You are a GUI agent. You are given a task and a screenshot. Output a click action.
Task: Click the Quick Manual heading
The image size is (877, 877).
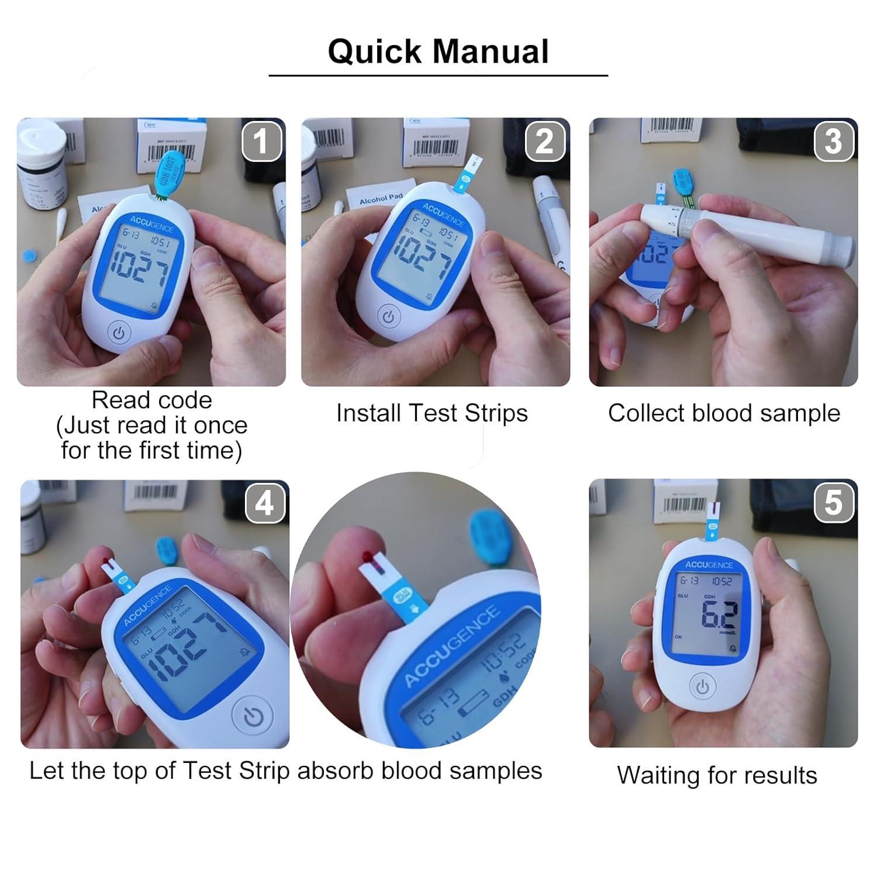[x=438, y=51]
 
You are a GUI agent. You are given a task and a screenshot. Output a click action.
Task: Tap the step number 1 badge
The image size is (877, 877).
[x=261, y=141]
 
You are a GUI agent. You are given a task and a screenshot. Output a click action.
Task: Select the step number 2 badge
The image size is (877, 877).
[x=545, y=141]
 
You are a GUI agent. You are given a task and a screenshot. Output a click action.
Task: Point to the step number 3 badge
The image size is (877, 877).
[x=833, y=141]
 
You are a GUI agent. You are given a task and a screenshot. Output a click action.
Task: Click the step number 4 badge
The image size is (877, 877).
[x=264, y=503]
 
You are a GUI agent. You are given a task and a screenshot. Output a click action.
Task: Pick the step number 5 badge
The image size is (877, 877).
[x=833, y=503]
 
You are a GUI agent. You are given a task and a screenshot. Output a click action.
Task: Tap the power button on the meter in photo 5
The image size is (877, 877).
[x=702, y=687]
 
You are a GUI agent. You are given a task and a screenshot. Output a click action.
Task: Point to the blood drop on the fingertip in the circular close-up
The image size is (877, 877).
[x=367, y=555]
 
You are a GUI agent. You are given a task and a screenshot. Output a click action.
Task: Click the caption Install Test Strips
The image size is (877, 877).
[x=431, y=413]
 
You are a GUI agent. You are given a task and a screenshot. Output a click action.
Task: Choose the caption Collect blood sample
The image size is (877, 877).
[x=724, y=413]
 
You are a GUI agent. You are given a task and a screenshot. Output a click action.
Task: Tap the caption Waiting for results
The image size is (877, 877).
[x=717, y=776]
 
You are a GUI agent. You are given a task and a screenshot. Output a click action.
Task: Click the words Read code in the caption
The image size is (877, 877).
[x=151, y=400]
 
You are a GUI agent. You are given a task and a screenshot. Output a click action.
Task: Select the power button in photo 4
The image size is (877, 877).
[x=253, y=717]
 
